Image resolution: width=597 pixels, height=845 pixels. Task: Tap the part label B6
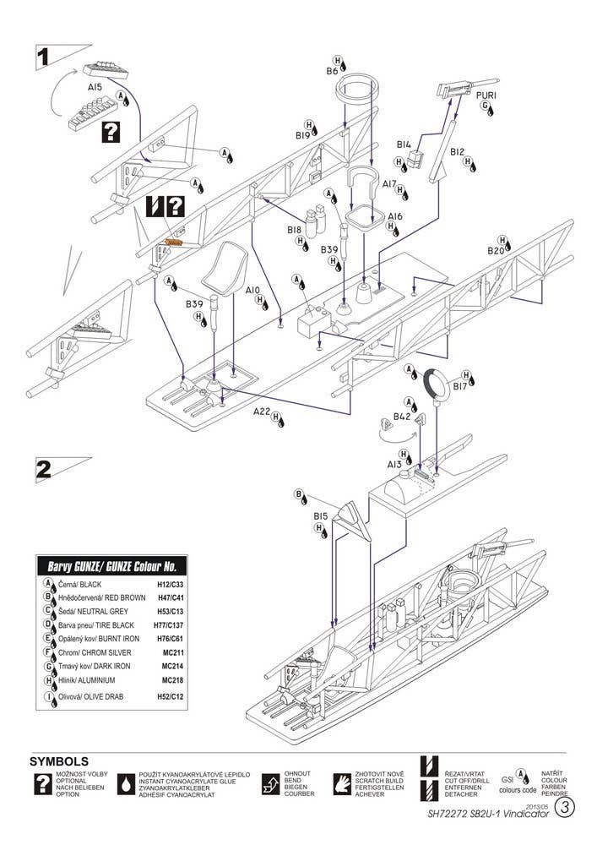333,72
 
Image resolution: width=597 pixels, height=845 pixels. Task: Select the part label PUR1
486,95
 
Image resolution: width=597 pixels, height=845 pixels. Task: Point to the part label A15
95,87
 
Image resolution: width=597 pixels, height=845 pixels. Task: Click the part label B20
496,251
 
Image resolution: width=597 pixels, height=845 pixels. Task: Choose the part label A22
261,412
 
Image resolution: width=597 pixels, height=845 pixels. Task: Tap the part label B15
320,515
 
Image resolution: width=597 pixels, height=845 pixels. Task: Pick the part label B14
405,144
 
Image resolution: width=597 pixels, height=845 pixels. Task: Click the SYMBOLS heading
58,761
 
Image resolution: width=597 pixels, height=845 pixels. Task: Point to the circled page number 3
566,830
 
